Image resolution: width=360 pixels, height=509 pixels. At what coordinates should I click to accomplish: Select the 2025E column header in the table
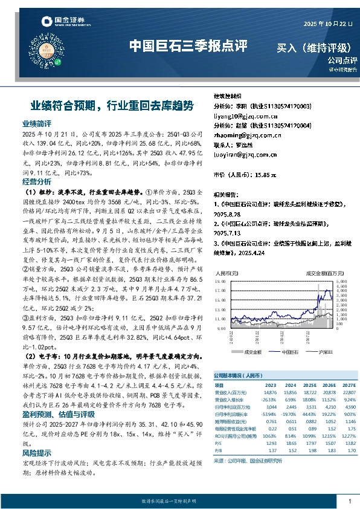[309, 384]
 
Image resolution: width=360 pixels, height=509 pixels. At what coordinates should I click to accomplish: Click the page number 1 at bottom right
[350, 501]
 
